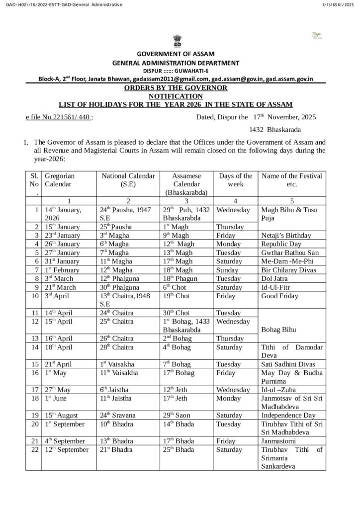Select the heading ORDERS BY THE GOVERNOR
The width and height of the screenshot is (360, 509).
coord(176,88)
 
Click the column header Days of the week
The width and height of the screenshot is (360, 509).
coord(235,179)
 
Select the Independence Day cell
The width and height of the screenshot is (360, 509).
coord(288,415)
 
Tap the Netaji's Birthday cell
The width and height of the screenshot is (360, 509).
coord(286,236)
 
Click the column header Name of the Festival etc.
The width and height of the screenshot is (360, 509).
coord(291,179)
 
